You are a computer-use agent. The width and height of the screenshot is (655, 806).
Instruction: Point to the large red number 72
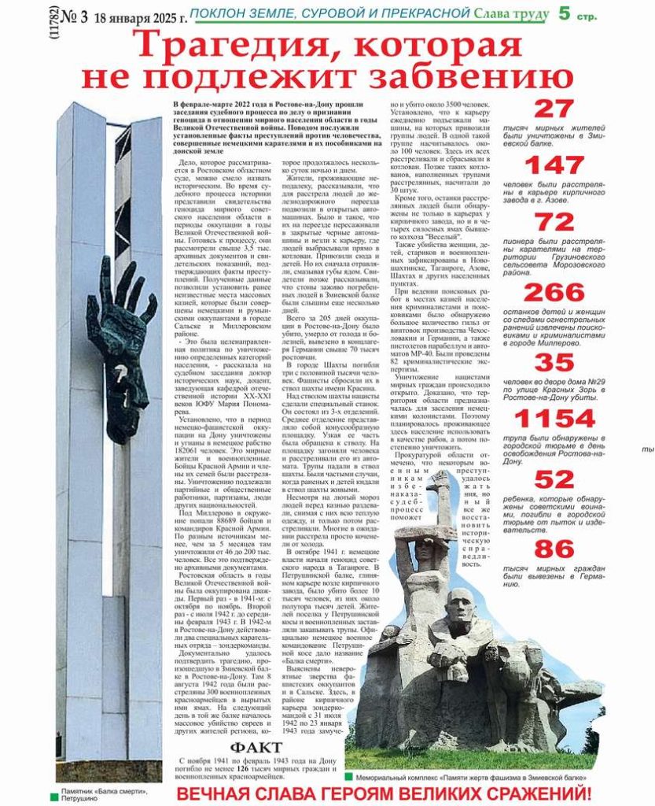[554, 223]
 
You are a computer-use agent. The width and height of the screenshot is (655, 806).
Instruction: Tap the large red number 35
[554, 362]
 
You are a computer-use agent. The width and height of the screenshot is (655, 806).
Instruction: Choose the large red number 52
[554, 479]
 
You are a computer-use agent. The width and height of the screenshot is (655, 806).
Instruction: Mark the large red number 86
[554, 549]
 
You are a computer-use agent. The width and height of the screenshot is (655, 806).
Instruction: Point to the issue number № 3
[73, 16]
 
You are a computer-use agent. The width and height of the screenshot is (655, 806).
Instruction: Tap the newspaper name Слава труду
[512, 13]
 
